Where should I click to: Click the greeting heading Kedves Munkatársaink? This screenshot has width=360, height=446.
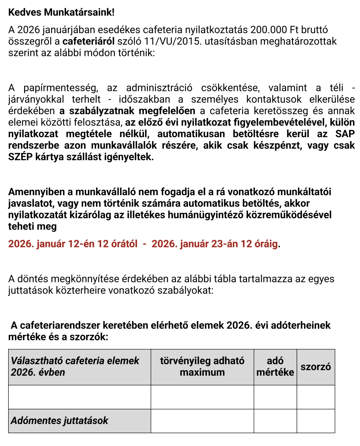click(61, 12)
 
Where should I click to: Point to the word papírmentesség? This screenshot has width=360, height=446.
click(61, 88)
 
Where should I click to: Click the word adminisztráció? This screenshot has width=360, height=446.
click(159, 88)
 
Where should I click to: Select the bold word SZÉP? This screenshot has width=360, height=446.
click(20, 157)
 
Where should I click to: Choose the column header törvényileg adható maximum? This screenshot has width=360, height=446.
click(202, 367)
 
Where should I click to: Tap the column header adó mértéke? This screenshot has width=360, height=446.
click(275, 367)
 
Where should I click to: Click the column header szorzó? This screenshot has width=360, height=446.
click(316, 367)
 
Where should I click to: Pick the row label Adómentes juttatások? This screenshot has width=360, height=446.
click(60, 421)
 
